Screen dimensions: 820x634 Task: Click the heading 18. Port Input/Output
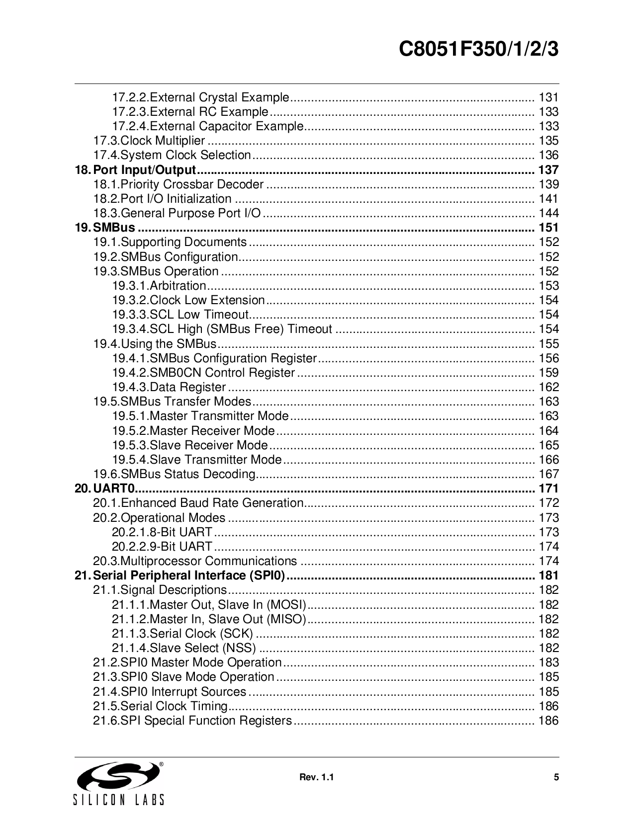pyautogui.click(x=135, y=170)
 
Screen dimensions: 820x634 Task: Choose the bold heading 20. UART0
pyautogui.click(x=105, y=489)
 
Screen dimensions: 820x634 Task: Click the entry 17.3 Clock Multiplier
pyautogui.click(x=150, y=141)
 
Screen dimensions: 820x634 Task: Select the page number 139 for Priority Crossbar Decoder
pyautogui.click(x=548, y=184)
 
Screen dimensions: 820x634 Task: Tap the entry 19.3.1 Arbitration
pyautogui.click(x=159, y=286)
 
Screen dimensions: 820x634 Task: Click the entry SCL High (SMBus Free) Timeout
pyautogui.click(x=222, y=329)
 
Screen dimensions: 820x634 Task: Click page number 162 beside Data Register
pyautogui.click(x=548, y=387)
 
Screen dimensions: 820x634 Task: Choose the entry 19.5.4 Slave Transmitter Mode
pyautogui.click(x=197, y=460)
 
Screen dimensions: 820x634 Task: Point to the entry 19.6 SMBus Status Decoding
pyautogui.click(x=175, y=474)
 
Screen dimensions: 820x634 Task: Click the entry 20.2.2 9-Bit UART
pyautogui.click(x=162, y=547)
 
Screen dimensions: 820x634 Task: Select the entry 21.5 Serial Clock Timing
pyautogui.click(x=161, y=706)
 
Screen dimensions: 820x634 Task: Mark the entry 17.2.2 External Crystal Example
pyautogui.click(x=201, y=97)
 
